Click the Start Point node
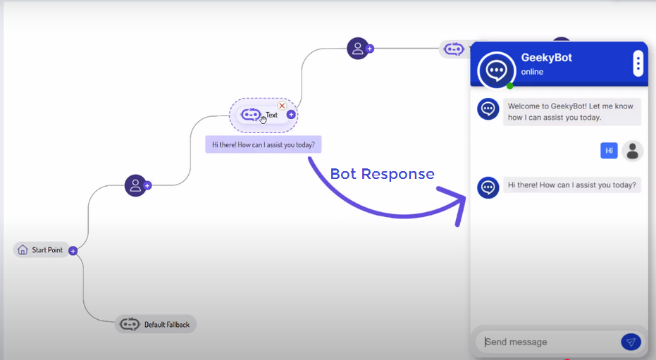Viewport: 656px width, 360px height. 42,250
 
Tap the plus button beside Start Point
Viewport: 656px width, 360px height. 73,250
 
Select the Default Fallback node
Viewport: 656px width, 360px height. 156,324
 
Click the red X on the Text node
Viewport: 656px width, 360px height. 282,106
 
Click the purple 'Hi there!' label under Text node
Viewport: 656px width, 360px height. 263,145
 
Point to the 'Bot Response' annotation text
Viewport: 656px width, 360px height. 382,174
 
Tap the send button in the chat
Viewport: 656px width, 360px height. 631,342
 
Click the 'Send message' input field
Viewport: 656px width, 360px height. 546,342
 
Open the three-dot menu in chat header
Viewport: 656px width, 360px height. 638,64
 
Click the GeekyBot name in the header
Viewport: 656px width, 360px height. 546,58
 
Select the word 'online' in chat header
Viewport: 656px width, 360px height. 532,72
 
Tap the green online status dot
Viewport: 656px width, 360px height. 509,86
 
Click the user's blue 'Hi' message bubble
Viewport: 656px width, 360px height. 609,150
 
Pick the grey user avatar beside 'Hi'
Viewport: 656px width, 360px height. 632,151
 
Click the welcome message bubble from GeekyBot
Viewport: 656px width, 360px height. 571,112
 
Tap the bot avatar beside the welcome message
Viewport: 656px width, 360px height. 488,109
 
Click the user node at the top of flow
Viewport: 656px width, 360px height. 357,48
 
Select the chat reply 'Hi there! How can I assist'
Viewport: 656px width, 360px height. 571,186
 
